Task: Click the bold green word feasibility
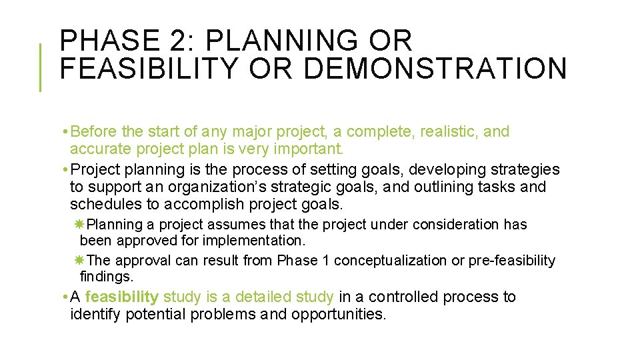(x=122, y=297)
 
